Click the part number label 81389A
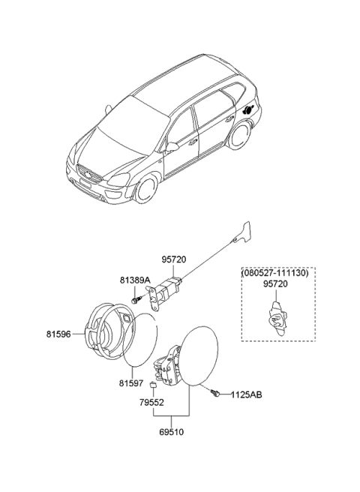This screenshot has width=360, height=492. click(136, 280)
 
